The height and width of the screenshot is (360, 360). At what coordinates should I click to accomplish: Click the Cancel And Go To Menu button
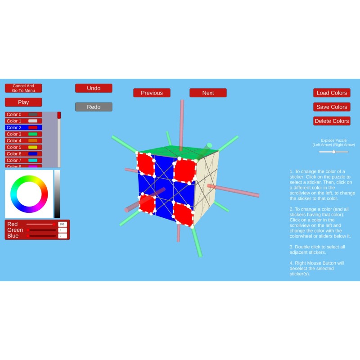coord(23,88)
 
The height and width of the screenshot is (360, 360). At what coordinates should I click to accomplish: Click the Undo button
coord(94,88)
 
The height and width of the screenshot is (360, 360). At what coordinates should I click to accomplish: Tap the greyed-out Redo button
coord(94,107)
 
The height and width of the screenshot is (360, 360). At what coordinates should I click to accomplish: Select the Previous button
coord(152,93)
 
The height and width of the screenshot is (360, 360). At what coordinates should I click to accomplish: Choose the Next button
coord(208,93)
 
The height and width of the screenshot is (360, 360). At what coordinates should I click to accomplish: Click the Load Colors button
coord(332,93)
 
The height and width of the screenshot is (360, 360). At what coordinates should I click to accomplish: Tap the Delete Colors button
coord(332,121)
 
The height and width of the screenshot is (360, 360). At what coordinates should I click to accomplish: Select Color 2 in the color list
coord(23,128)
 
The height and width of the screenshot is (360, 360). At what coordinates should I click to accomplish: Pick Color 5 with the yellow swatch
coord(23,147)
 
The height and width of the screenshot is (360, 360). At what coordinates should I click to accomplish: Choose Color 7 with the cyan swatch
coord(23,160)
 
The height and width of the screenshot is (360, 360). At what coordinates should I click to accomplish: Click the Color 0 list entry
coord(23,114)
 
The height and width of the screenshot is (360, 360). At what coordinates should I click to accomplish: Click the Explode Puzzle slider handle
coord(334,152)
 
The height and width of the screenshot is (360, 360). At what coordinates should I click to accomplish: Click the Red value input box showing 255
coord(63,224)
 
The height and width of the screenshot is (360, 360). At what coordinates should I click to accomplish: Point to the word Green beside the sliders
coord(15,230)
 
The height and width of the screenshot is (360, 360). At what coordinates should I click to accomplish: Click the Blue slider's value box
coord(63,236)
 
